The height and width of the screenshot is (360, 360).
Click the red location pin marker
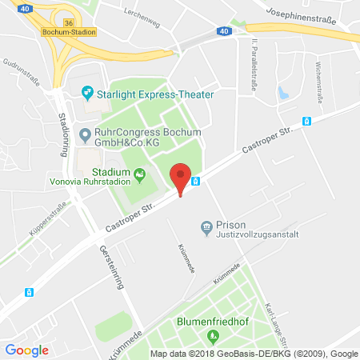click(x=182, y=177)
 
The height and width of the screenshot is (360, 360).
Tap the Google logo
click(x=26, y=350)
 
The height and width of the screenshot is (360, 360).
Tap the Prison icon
click(x=207, y=226)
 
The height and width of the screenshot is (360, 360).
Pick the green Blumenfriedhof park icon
click(x=211, y=335)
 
